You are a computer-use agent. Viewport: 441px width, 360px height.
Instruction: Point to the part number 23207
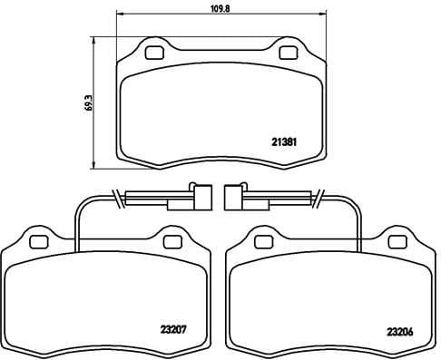point(173,332)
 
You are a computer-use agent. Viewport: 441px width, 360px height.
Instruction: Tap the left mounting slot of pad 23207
point(38,241)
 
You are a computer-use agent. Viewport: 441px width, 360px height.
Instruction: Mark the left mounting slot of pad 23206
point(263,241)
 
